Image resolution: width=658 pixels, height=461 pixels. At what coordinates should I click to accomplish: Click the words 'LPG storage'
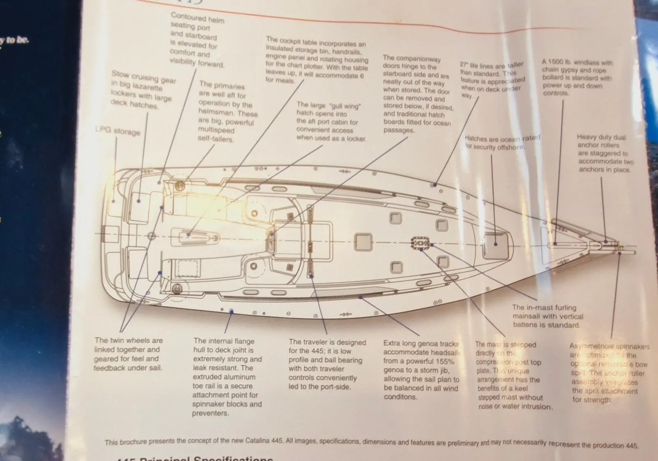click(x=118, y=131)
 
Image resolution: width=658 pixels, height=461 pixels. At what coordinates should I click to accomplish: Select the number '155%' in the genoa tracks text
click(x=445, y=361)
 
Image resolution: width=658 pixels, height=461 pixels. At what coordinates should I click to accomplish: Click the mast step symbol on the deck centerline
click(x=420, y=243)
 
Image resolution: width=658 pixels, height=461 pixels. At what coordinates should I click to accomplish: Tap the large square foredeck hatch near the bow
click(x=495, y=246)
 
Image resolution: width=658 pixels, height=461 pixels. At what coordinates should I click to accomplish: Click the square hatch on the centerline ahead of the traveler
click(x=363, y=241)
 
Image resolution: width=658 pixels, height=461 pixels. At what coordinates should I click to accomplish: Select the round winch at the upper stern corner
click(x=180, y=186)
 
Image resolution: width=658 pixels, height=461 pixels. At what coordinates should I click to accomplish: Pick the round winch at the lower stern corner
click(x=177, y=288)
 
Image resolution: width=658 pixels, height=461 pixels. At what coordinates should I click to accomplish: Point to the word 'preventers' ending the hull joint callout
click(x=210, y=413)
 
